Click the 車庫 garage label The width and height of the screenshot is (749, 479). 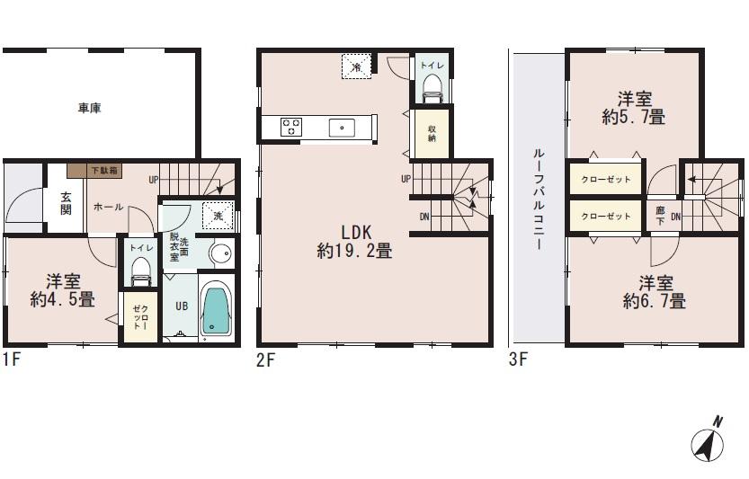click(89, 109)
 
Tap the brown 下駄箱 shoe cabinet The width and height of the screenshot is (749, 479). click(105, 169)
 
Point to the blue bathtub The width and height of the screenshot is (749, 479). click(215, 311)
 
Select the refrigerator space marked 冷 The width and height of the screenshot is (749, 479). click(356, 66)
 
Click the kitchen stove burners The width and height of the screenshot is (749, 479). click(291, 127)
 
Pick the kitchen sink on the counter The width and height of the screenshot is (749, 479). click(343, 127)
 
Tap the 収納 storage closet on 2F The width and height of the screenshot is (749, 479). click(432, 132)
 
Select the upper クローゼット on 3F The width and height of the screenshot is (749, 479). click(604, 180)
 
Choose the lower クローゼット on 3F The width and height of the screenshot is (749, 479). click(604, 217)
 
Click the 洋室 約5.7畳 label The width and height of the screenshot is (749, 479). click(634, 108)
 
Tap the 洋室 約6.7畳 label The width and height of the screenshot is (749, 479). click(655, 291)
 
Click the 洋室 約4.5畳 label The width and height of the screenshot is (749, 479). click(62, 289)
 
